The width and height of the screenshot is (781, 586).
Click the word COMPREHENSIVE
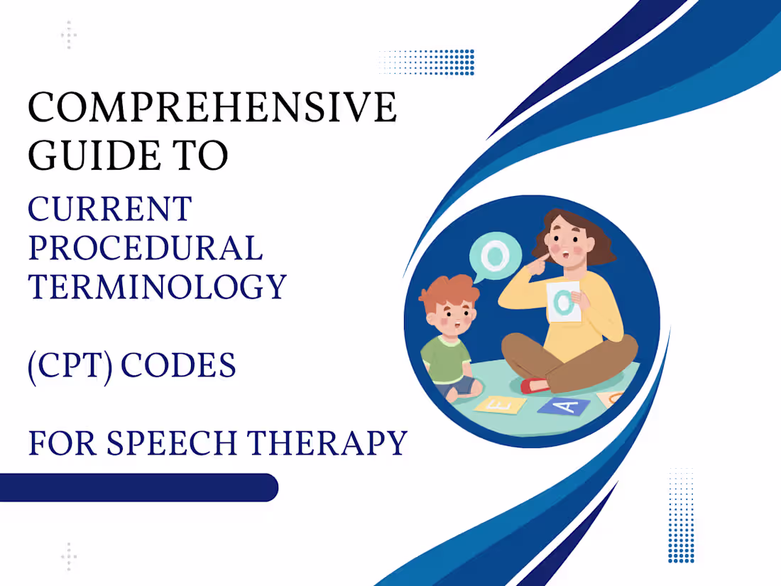[212, 108]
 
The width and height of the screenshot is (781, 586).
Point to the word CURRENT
[109, 210]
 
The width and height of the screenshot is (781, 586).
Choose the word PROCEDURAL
[145, 248]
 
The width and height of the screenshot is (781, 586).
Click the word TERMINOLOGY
[157, 286]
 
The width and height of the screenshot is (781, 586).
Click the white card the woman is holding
[564, 303]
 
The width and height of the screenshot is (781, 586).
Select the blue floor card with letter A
[563, 405]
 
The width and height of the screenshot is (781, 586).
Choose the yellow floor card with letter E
[500, 405]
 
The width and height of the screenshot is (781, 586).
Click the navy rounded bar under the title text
[138, 487]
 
